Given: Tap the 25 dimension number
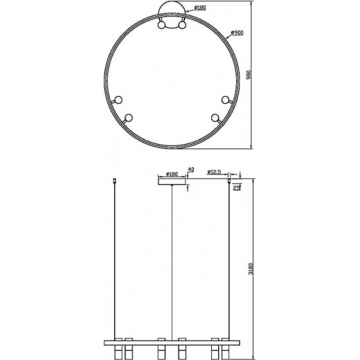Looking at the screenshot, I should click(x=237, y=188).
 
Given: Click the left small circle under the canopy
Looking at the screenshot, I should click(x=163, y=26).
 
